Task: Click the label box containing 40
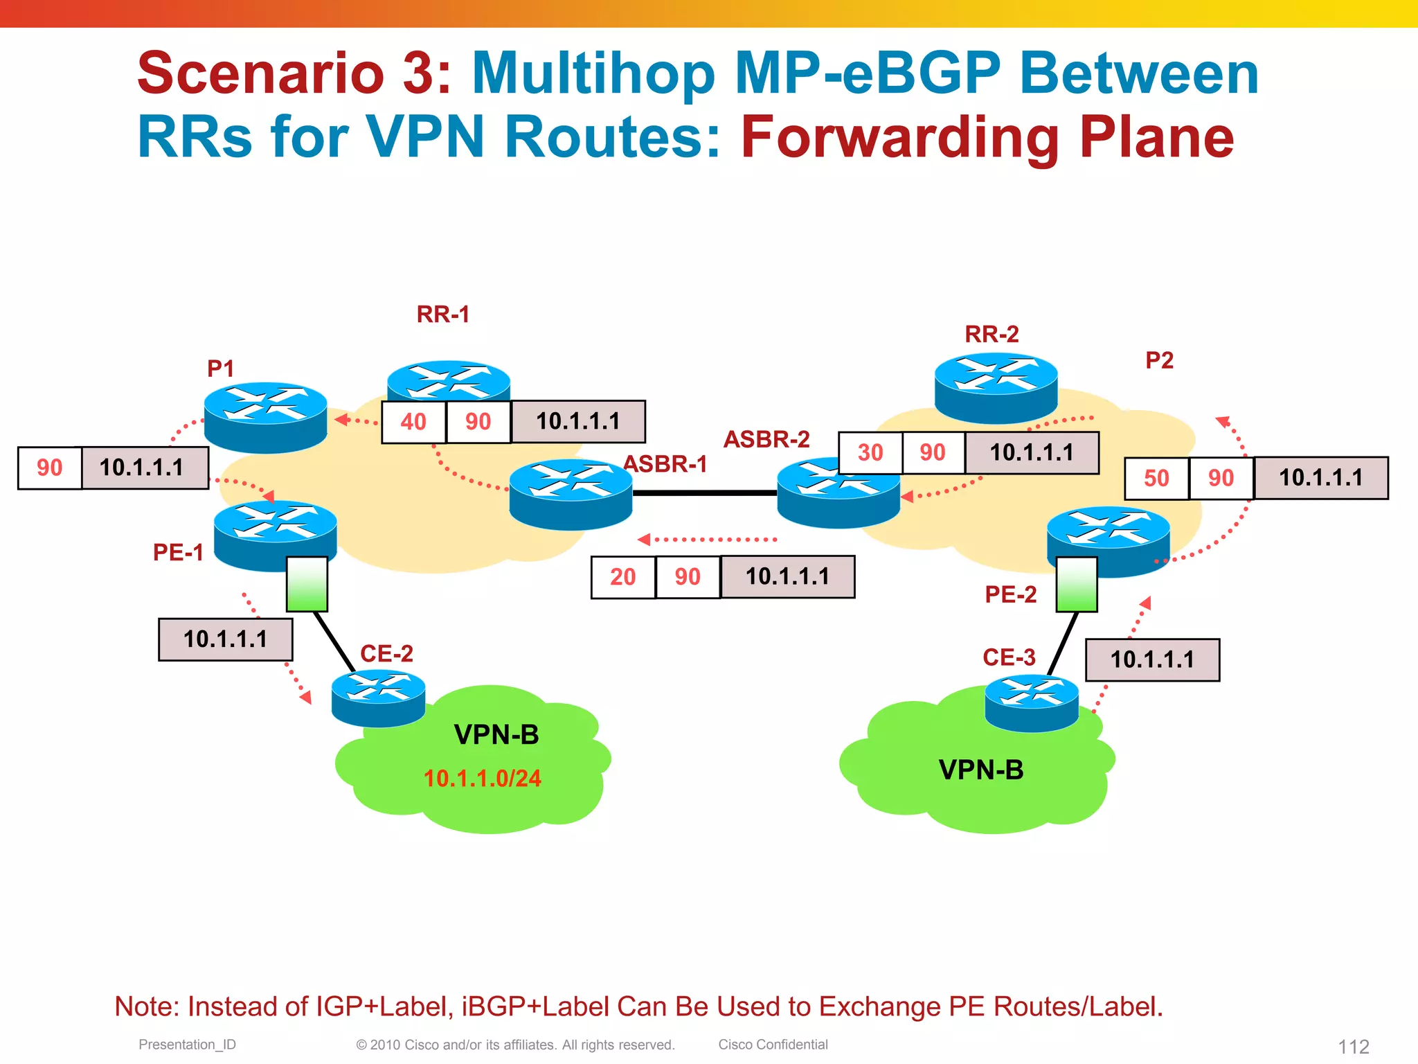(413, 422)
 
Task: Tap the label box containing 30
(870, 453)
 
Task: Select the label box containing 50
(1156, 478)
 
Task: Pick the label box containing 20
(622, 577)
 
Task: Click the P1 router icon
(265, 416)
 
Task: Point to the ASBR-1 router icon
(571, 495)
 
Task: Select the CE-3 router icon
(1032, 702)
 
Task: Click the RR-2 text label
(991, 335)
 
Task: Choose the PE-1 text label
(178, 552)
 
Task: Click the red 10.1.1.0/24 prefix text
(482, 779)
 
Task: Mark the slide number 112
(1353, 1046)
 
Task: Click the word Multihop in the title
(593, 73)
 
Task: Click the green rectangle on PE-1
(307, 583)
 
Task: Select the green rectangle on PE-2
(1076, 584)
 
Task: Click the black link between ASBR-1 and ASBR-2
(704, 493)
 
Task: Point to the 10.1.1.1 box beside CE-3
(1152, 659)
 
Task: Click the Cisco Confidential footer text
(773, 1044)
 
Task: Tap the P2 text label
(1159, 360)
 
